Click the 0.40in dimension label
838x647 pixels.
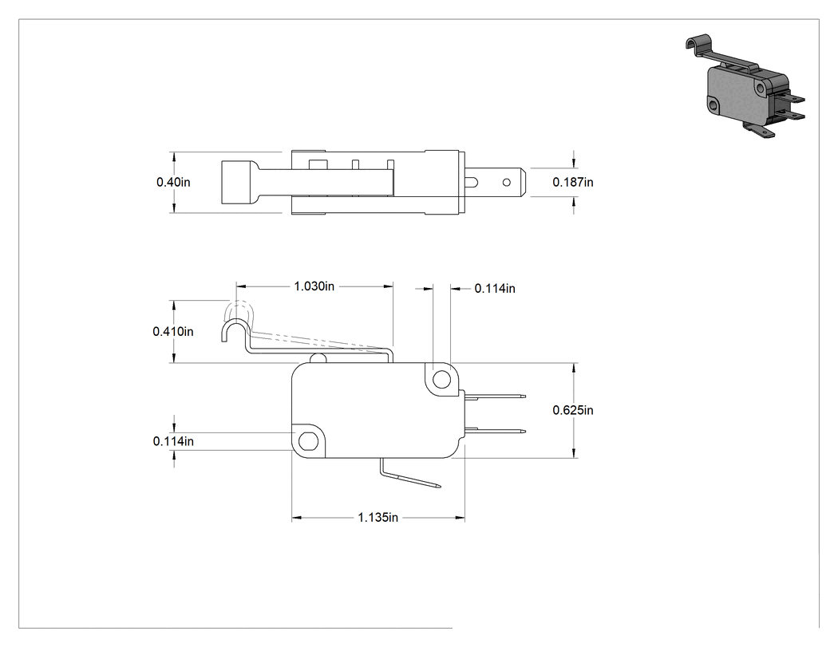pyautogui.click(x=173, y=182)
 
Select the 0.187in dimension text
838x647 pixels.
pyautogui.click(x=573, y=182)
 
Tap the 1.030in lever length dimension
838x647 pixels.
pyautogui.click(x=314, y=286)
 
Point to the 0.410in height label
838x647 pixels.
pyautogui.click(x=173, y=331)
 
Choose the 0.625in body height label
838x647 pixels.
pyautogui.click(x=573, y=410)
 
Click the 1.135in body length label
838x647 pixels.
pyautogui.click(x=377, y=517)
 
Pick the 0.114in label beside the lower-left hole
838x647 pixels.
pyautogui.click(x=173, y=440)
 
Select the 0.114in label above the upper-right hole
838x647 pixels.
pyautogui.click(x=495, y=289)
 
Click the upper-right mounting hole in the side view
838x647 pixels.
pyautogui.click(x=441, y=380)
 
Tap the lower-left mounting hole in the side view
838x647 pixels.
pyautogui.click(x=307, y=442)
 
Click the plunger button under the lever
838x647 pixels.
pyautogui.click(x=318, y=358)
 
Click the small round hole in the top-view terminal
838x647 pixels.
pyautogui.click(x=506, y=183)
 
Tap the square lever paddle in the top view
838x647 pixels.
pyautogui.click(x=239, y=182)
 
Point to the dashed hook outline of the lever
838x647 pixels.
pyautogui.click(x=243, y=313)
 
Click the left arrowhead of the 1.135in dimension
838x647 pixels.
pyautogui.click(x=297, y=517)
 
